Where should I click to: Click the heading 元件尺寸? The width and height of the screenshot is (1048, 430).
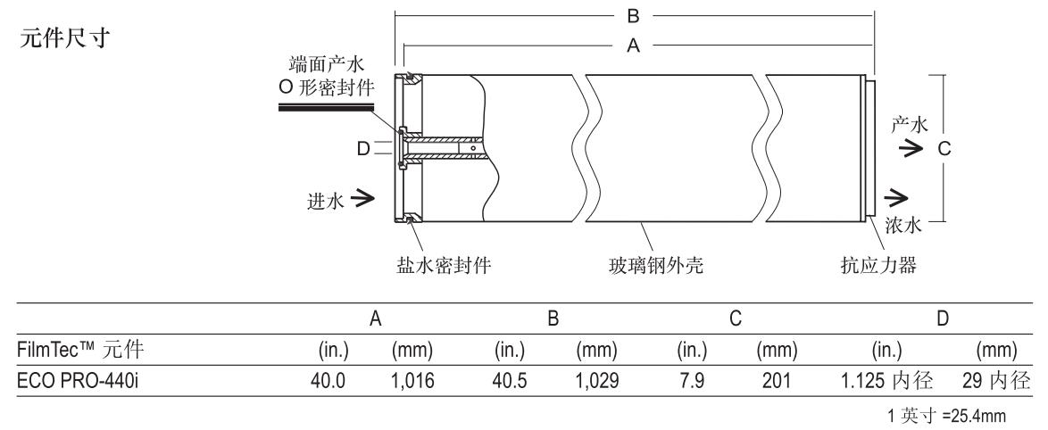tap(64, 38)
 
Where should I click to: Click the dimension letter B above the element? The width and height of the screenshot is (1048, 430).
tap(634, 14)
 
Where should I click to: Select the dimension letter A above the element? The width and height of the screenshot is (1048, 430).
tap(634, 45)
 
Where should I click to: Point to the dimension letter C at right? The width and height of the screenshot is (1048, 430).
tap(944, 149)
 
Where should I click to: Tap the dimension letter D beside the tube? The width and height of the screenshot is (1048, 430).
tap(363, 149)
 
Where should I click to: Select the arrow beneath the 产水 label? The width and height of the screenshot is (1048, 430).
tap(910, 149)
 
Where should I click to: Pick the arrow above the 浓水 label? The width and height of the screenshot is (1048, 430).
tap(896, 197)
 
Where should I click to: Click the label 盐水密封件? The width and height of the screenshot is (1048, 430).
tap(444, 266)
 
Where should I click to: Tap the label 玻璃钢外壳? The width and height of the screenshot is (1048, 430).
tap(655, 266)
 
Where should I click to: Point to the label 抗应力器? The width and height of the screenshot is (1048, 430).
tap(878, 266)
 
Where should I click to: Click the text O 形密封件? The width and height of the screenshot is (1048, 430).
tap(326, 87)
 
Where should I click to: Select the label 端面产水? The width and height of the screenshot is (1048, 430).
tap(326, 64)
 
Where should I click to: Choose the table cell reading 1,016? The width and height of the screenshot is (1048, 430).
tap(412, 381)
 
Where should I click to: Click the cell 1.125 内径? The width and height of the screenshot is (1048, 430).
tap(887, 381)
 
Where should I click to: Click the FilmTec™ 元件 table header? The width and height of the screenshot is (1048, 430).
tap(80, 349)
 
